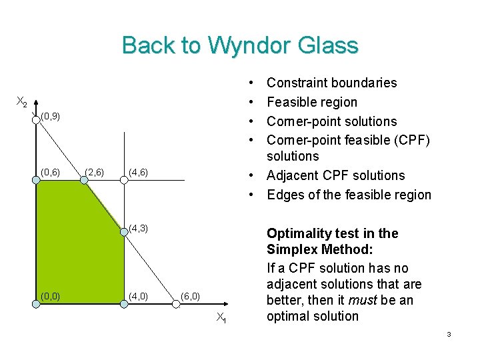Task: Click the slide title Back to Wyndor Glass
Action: click(240, 45)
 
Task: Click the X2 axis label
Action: click(22, 102)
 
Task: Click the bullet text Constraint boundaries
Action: click(331, 83)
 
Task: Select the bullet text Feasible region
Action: click(312, 102)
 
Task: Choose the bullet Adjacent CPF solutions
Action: click(335, 175)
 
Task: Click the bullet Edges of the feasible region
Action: click(349, 195)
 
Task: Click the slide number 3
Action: click(449, 334)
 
